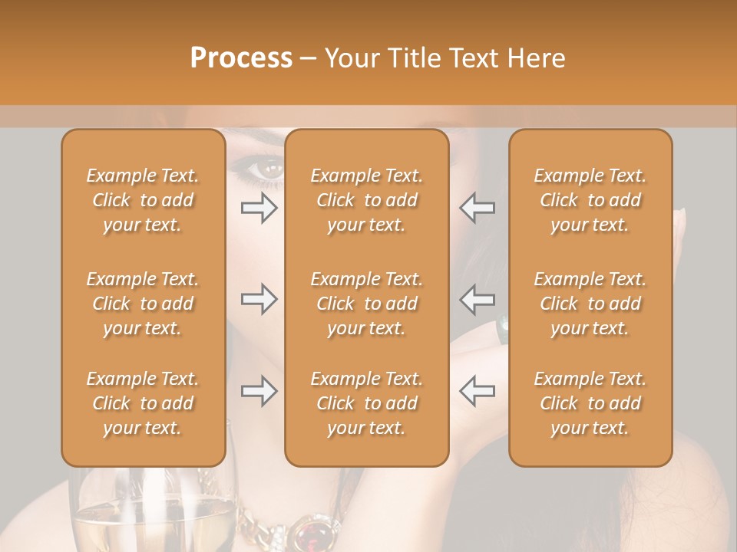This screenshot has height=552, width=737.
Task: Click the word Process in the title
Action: (241, 58)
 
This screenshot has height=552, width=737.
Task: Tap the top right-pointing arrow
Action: (259, 208)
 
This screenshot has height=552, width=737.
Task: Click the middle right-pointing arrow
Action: (259, 299)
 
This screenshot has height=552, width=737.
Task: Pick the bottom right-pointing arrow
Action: (259, 391)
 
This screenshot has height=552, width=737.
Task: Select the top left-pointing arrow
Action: (477, 208)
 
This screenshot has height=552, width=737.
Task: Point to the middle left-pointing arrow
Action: (477, 299)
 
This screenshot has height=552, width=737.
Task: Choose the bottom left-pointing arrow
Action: (477, 391)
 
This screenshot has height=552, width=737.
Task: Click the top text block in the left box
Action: (143, 200)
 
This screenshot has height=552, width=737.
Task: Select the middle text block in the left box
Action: (143, 304)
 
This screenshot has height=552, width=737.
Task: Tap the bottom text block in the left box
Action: (143, 403)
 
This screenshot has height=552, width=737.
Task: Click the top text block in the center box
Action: (367, 200)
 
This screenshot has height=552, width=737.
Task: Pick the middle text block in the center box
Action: (367, 304)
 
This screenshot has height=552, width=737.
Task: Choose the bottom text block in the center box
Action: (367, 403)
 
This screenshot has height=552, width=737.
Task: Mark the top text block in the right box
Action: (590, 200)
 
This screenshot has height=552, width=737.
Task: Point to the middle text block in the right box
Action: (590, 304)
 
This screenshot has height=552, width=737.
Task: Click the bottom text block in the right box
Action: (590, 403)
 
